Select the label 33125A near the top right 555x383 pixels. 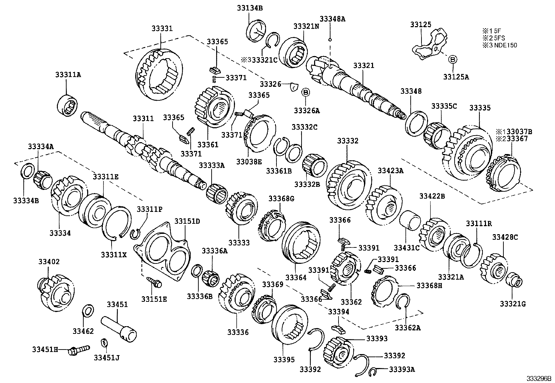456,77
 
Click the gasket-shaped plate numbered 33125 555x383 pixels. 431,46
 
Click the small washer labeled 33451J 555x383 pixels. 104,343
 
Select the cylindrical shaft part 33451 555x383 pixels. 119,325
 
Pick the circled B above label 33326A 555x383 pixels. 305,92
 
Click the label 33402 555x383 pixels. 49,262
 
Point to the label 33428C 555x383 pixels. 504,237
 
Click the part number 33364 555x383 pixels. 295,277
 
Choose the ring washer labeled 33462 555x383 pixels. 88,310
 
